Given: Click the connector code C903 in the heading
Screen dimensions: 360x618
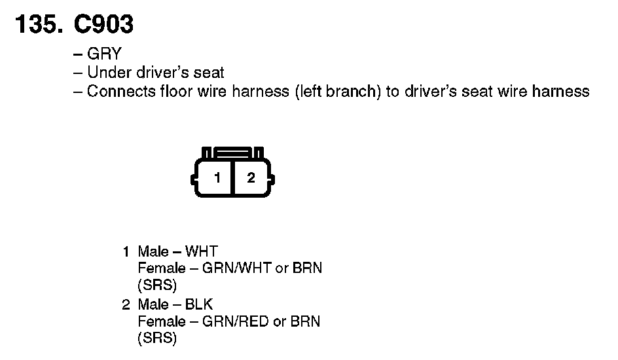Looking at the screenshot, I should [104, 25].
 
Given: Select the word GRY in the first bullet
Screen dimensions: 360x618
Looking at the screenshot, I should [104, 54].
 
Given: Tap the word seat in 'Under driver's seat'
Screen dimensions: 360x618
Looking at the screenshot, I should [209, 73].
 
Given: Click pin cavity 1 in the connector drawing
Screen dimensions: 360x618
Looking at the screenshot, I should [217, 177].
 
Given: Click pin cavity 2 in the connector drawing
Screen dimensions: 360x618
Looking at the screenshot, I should [251, 177].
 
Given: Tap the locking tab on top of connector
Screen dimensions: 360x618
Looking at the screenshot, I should [232, 151].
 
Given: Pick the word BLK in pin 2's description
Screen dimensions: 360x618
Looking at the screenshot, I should [199, 304].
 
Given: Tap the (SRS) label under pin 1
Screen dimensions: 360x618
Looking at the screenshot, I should [157, 285].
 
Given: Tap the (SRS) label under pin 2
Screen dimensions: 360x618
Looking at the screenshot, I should [157, 338].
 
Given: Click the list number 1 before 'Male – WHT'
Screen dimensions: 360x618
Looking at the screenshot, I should [126, 251].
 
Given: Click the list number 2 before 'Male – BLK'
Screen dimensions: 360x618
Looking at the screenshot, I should [126, 304].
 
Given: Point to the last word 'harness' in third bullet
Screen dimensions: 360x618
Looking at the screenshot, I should [561, 91].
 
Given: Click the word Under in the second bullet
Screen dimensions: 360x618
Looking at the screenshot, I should [106, 73].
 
